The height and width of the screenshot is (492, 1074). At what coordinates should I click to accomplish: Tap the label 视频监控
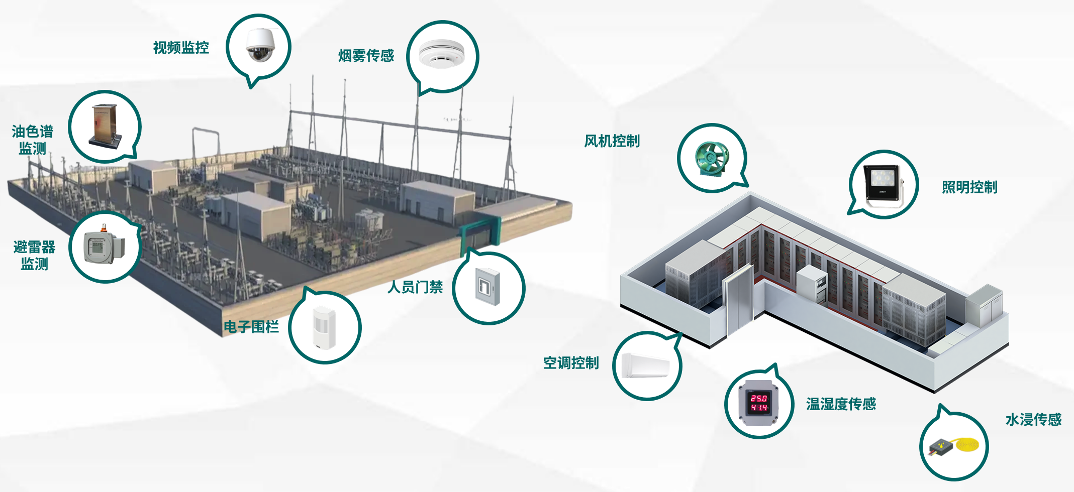point(181,48)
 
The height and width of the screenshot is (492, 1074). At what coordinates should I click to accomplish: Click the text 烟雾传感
point(366,55)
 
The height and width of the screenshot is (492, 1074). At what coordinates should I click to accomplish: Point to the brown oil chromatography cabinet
point(106,126)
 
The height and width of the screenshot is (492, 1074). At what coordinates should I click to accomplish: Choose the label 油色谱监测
point(33,140)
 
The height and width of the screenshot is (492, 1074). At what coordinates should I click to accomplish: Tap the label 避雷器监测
point(34,255)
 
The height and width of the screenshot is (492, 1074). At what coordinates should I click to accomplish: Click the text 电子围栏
point(251,327)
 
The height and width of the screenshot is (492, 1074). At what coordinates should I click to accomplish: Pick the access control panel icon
point(488,287)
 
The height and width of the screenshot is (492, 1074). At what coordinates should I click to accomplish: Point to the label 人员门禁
point(415,287)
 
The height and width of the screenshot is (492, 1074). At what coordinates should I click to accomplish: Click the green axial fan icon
point(712,158)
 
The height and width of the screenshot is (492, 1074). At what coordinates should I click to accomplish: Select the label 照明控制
point(969,187)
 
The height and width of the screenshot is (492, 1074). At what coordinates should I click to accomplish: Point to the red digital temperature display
point(759,403)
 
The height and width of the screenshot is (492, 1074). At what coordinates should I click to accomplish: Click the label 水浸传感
point(1033,420)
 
